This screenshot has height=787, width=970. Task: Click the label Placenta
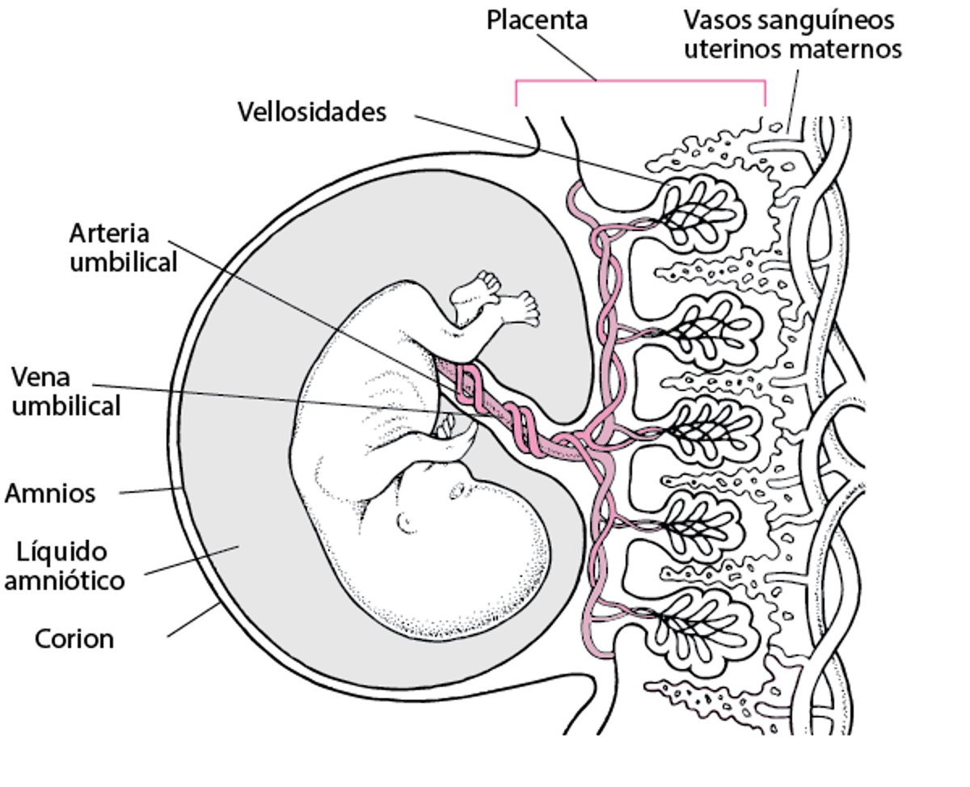pos(537,19)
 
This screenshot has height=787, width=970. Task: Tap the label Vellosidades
pos(312,112)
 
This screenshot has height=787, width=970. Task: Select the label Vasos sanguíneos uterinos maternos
pos(792,34)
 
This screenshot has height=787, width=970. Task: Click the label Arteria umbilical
pos(122,247)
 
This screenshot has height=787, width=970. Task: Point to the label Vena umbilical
pos(65,391)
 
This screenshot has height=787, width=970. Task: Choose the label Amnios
pos(50,493)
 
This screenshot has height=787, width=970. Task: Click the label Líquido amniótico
pos(65,566)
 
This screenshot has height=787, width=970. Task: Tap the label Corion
pos(74,639)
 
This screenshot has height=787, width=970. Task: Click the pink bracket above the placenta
pos(639,82)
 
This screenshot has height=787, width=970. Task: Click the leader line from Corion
pos(192,620)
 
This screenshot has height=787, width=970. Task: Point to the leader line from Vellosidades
pos(533,145)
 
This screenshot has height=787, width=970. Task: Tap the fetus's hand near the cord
pos(446,427)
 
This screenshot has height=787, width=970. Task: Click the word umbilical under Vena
pos(65,406)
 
